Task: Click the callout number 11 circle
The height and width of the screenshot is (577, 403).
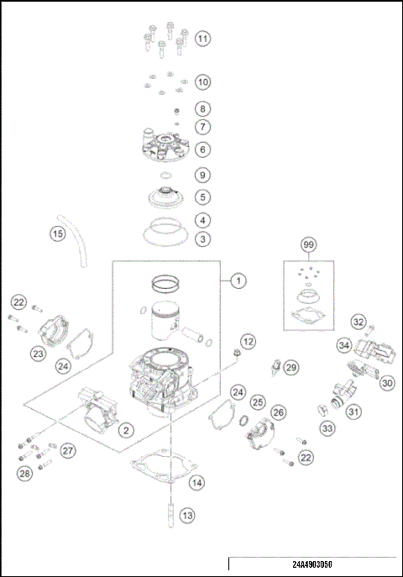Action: point(202,39)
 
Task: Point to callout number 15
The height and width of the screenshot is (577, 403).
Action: point(56,234)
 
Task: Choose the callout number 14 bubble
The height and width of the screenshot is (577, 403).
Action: point(196,482)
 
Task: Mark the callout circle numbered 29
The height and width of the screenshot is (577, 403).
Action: point(290,367)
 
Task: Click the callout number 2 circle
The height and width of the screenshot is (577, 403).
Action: point(125,430)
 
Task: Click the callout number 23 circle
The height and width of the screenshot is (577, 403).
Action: point(38,354)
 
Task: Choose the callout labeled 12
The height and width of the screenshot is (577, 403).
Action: point(248,341)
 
